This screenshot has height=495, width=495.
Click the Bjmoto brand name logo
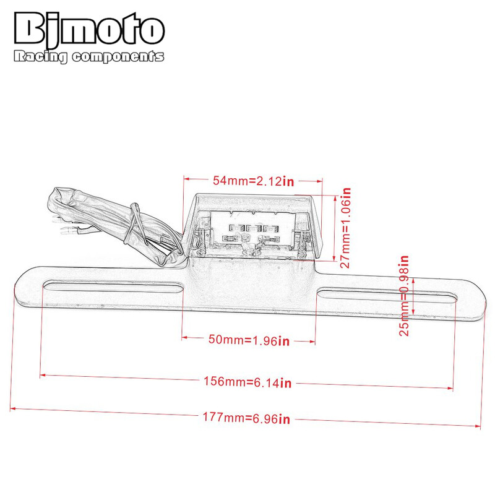[88, 30]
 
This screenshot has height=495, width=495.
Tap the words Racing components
[88, 56]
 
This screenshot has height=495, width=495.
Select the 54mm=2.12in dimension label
[252, 181]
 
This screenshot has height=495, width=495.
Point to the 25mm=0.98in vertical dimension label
[405, 296]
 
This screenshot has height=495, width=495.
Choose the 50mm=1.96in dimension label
[247, 340]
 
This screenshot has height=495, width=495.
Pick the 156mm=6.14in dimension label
[247, 382]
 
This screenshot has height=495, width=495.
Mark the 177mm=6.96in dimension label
[246, 419]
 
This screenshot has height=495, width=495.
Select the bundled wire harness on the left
[111, 223]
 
